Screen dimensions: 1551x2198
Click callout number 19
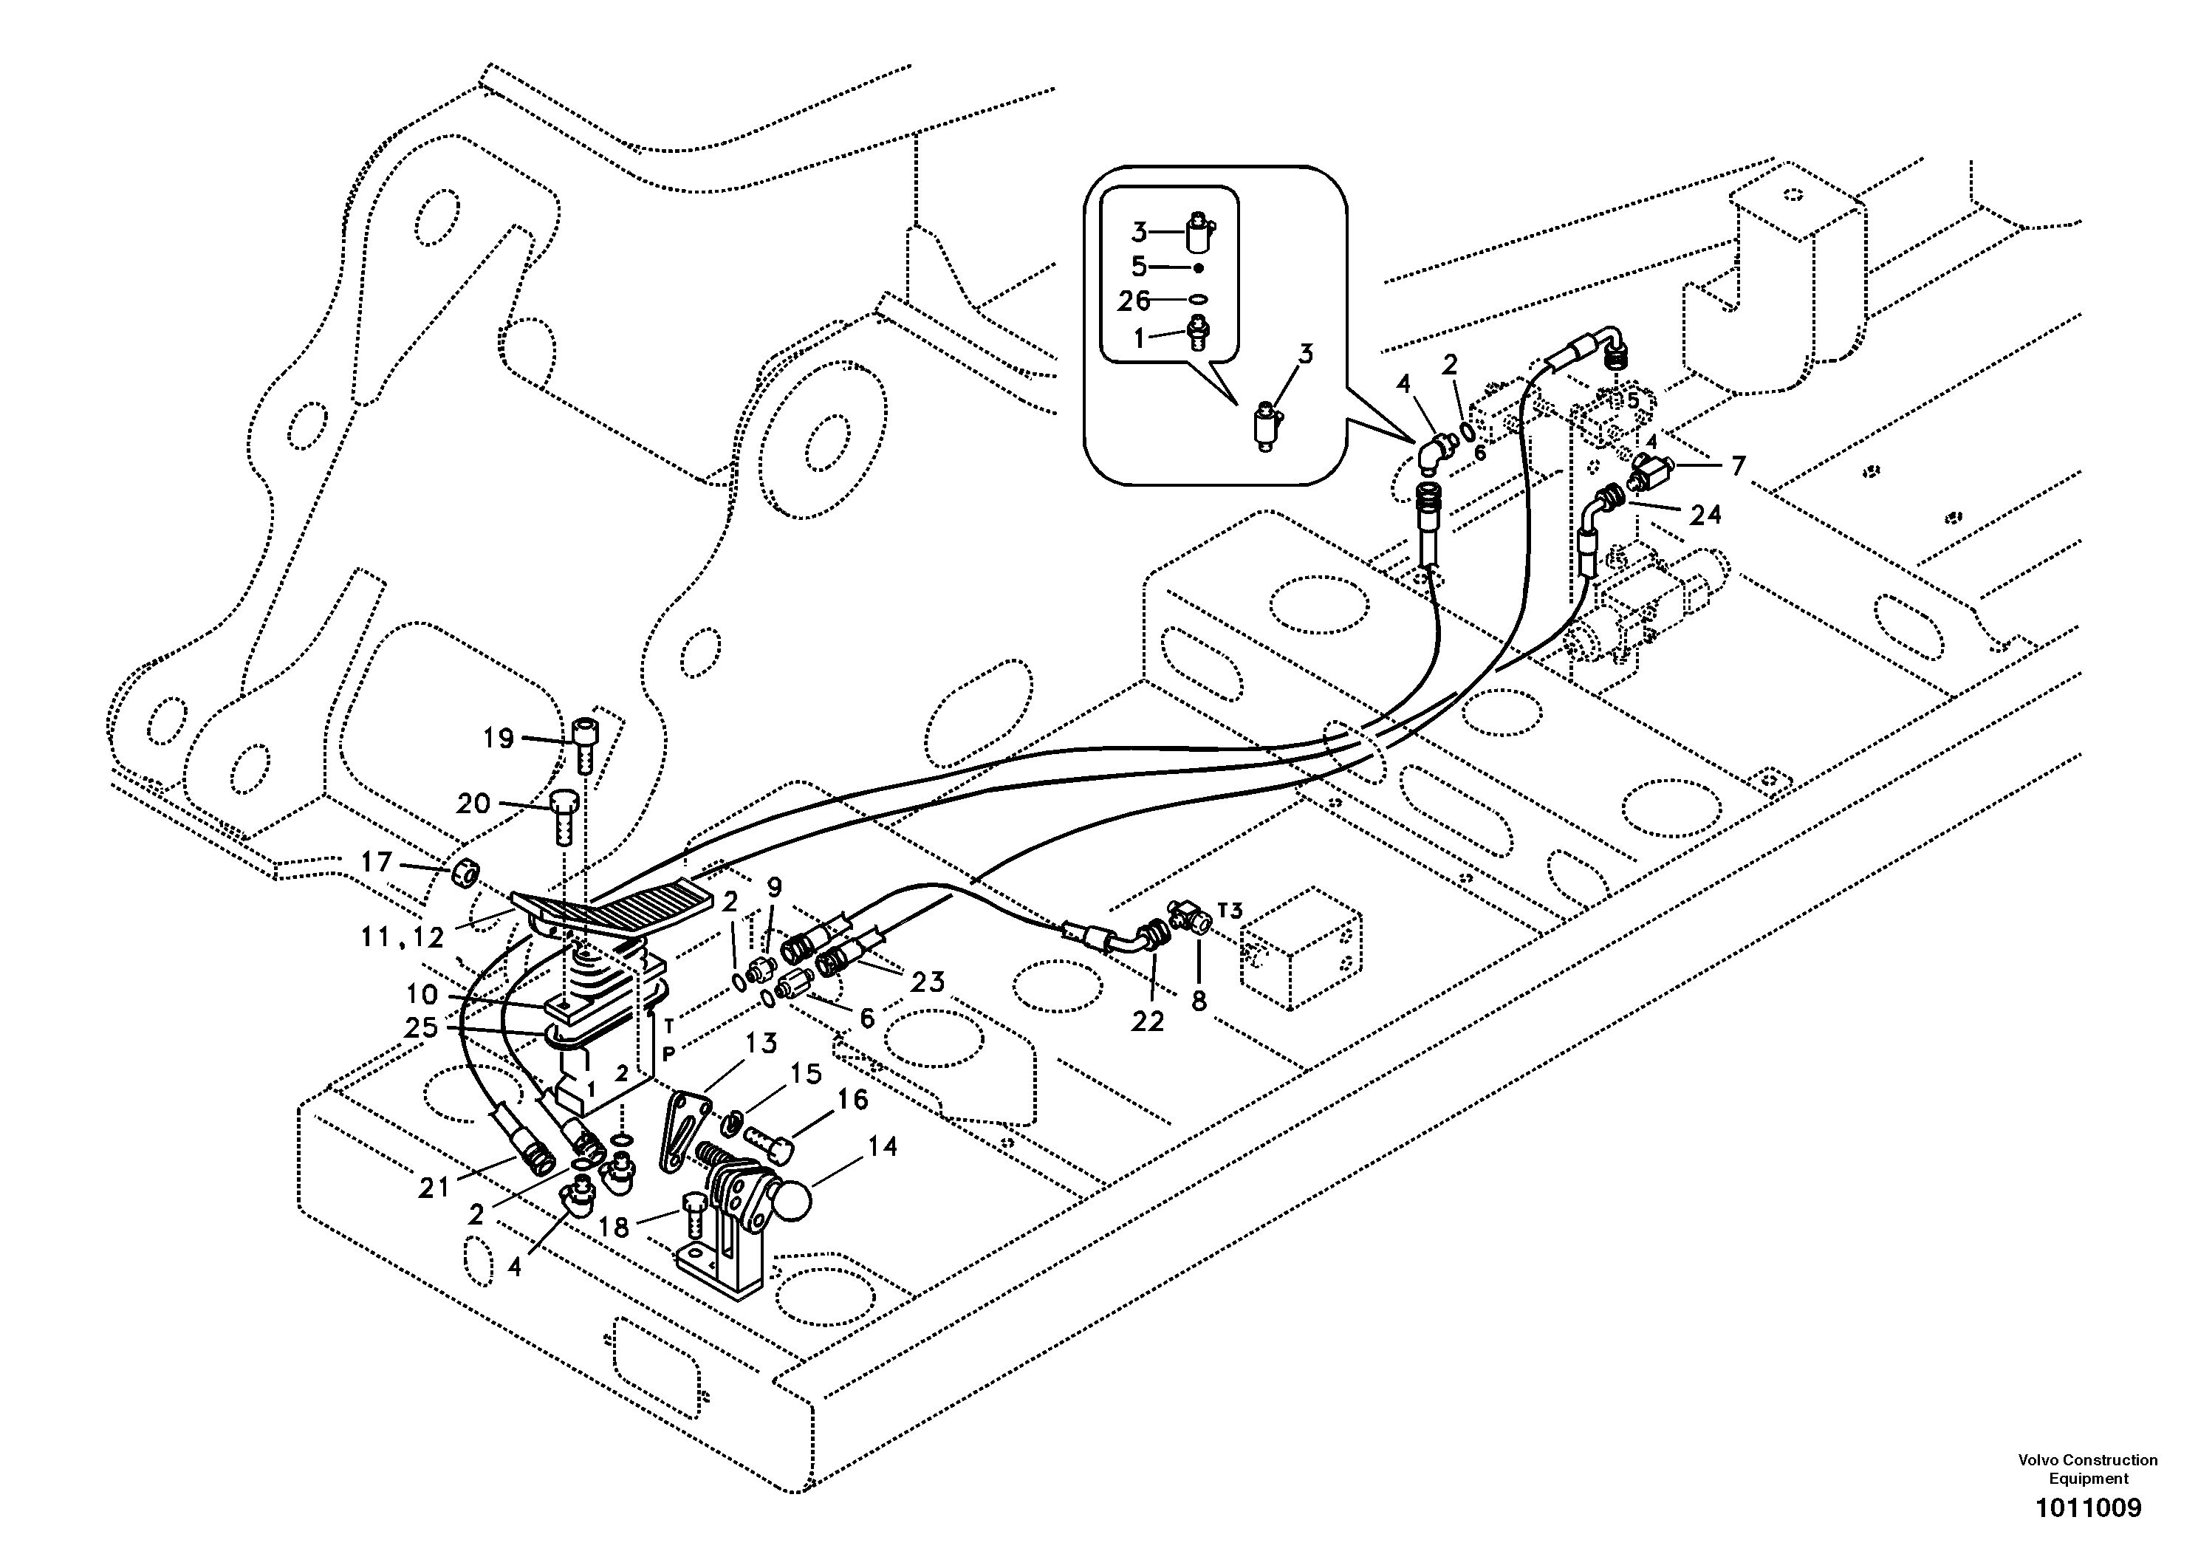499,738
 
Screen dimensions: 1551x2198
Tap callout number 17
375,862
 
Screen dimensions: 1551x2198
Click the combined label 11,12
402,937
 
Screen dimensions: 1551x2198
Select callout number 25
421,1027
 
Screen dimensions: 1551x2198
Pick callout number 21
434,1188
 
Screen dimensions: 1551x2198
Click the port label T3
1230,908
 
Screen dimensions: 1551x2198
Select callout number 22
1147,1021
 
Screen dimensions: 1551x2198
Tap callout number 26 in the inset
1134,301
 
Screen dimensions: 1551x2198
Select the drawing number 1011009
2087,1508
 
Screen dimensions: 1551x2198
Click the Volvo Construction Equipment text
2087,1469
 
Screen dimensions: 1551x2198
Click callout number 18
614,1227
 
